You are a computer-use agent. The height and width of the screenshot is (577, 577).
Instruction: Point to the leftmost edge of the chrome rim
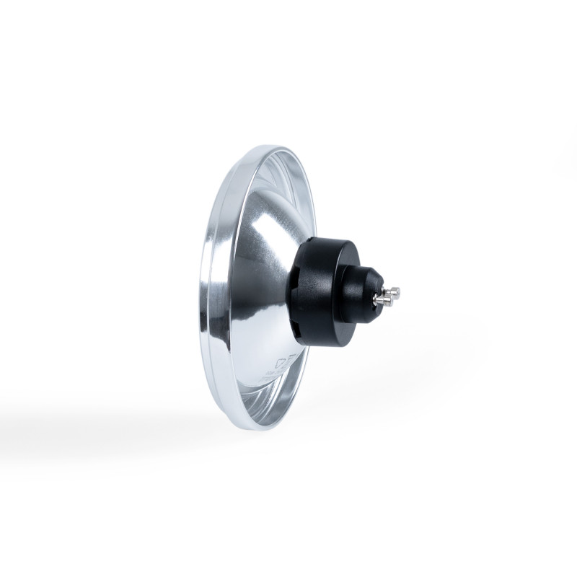pyautogui.click(x=201, y=288)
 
